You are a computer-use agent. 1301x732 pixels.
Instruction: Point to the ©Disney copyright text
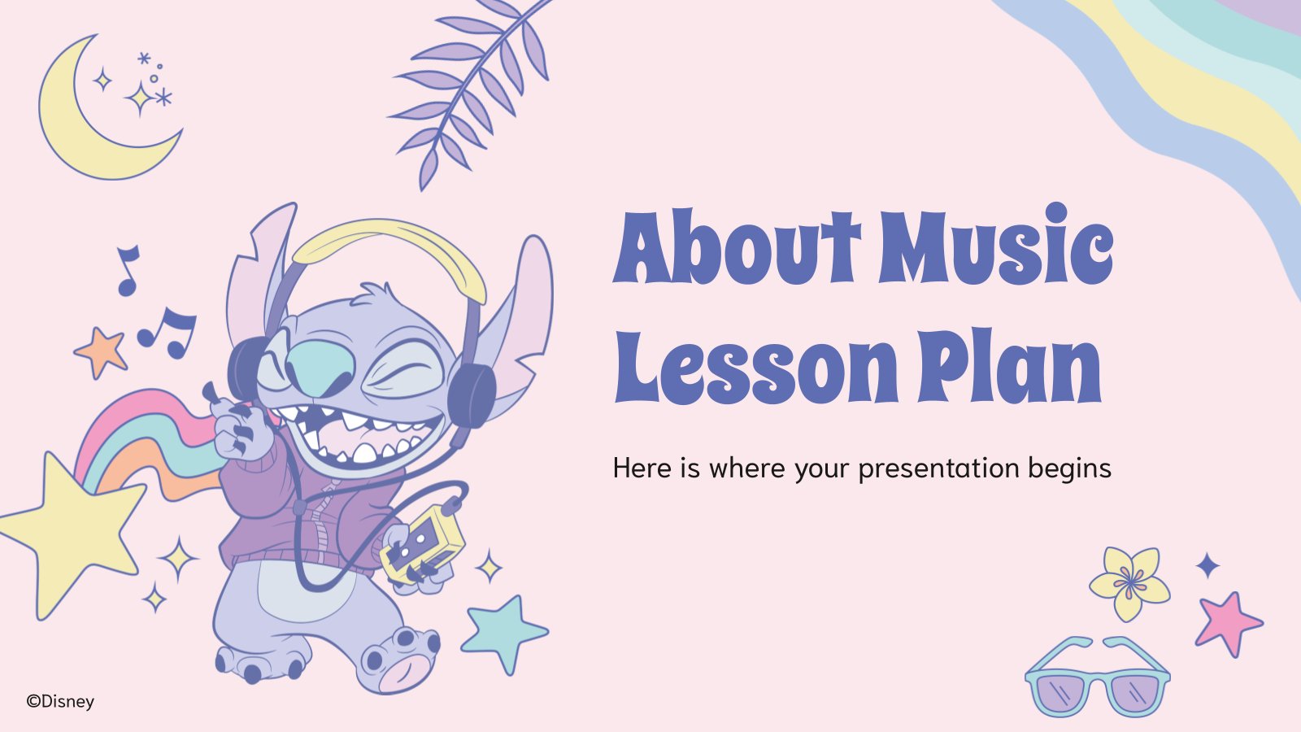60,701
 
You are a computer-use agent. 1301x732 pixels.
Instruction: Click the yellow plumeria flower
1129,582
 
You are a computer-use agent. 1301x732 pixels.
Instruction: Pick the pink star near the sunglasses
1227,623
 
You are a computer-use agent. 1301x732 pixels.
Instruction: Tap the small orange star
102,351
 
